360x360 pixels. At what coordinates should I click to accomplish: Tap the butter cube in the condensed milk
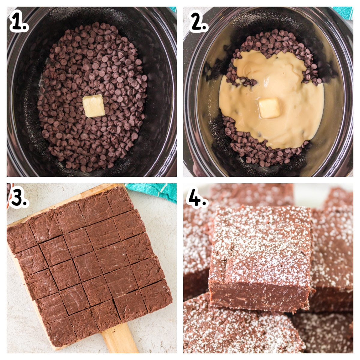coord(270,108)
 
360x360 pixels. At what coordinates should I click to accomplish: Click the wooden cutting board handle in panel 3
coord(120,339)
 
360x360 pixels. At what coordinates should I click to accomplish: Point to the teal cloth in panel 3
coord(153,191)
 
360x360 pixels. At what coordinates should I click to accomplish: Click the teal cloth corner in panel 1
coord(173,9)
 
